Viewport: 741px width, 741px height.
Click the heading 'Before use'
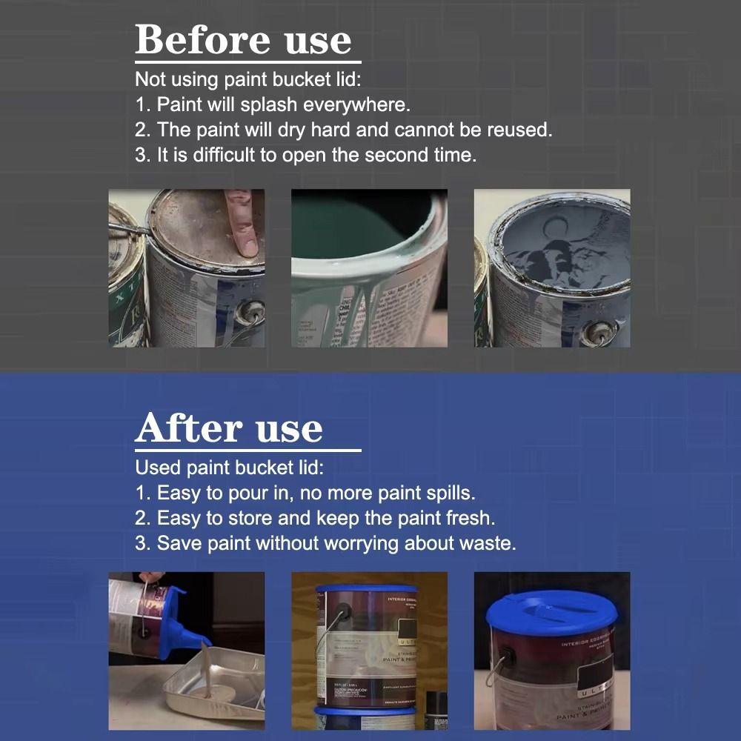(243, 40)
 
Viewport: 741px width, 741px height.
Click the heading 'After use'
(229, 428)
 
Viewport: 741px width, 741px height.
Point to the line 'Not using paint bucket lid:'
(248, 79)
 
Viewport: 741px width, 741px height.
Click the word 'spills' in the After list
(448, 492)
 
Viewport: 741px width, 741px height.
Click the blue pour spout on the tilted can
(182, 626)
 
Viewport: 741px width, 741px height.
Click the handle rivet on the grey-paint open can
(599, 332)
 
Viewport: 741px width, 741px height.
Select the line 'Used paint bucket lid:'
(230, 468)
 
